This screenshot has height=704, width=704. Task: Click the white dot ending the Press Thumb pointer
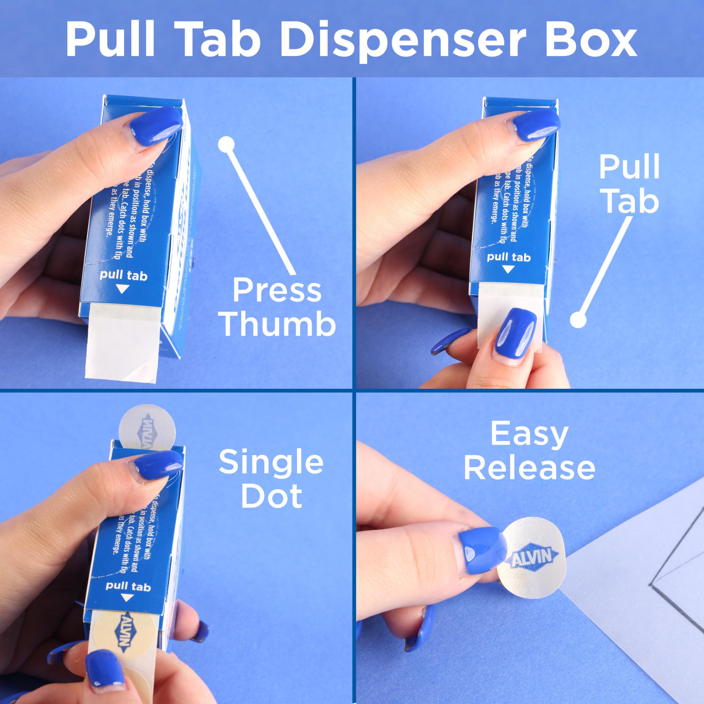(226, 144)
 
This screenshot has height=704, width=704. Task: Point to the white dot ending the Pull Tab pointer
(578, 320)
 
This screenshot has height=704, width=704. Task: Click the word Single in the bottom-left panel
(271, 462)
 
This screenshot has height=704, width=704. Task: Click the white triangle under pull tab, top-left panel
(123, 289)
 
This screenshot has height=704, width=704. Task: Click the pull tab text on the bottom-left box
(128, 586)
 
